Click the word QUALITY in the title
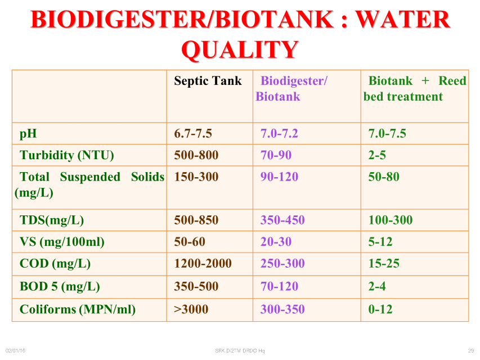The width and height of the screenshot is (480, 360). pyautogui.click(x=240, y=49)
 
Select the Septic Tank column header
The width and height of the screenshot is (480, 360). pyautogui.click(x=208, y=81)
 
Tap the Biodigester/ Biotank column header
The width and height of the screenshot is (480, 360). pyautogui.click(x=291, y=88)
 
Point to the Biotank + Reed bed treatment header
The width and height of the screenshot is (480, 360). pyautogui.click(x=415, y=88)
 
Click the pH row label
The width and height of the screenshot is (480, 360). pyautogui.click(x=28, y=134)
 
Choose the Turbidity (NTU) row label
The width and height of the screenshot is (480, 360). pyautogui.click(x=67, y=155)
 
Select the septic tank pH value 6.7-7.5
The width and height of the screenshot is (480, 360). pyautogui.click(x=193, y=133)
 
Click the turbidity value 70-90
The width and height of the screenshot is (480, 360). pyautogui.click(x=276, y=155)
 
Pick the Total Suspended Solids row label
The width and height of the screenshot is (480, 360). pyautogui.click(x=89, y=184)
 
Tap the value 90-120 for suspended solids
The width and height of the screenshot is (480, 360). pyautogui.click(x=279, y=177)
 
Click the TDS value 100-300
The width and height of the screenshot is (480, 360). pyautogui.click(x=391, y=220)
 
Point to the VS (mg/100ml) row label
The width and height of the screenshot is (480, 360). pyautogui.click(x=62, y=242)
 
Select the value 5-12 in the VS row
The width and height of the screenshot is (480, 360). pyautogui.click(x=380, y=241)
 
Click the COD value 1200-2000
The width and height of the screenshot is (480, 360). pyautogui.click(x=203, y=263)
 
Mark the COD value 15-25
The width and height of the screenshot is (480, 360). pyautogui.click(x=384, y=263)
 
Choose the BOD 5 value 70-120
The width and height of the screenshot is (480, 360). pyautogui.click(x=279, y=286)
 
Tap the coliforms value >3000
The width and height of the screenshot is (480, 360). pyautogui.click(x=191, y=309)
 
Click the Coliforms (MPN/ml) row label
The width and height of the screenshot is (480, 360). pyautogui.click(x=78, y=309)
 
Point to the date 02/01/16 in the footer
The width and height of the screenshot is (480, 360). pyautogui.click(x=15, y=350)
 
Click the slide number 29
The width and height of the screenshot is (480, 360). pyautogui.click(x=471, y=350)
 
